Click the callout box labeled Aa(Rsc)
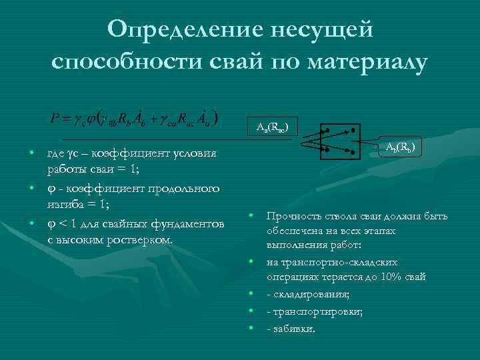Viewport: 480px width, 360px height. (x=273, y=126)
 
